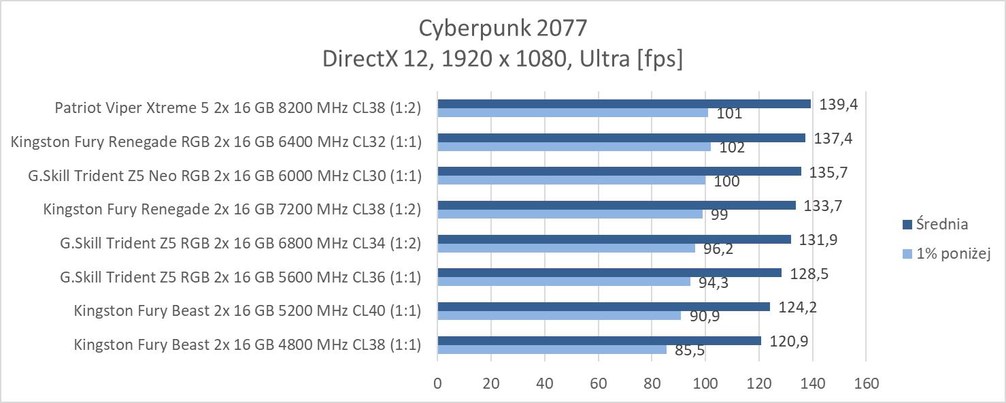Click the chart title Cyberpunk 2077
502,28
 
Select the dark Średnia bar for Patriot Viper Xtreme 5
624,103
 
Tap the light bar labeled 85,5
552,349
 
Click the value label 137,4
833,138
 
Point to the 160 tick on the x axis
865,383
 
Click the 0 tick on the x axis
437,383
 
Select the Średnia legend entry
943,224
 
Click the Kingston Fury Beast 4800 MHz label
248,345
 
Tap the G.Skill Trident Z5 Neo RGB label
224,176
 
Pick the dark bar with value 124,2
603,307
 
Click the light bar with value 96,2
566,248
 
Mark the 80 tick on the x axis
652,383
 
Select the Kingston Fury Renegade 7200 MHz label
232,209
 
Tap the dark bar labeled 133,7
616,205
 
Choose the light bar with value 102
573,146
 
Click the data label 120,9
789,342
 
